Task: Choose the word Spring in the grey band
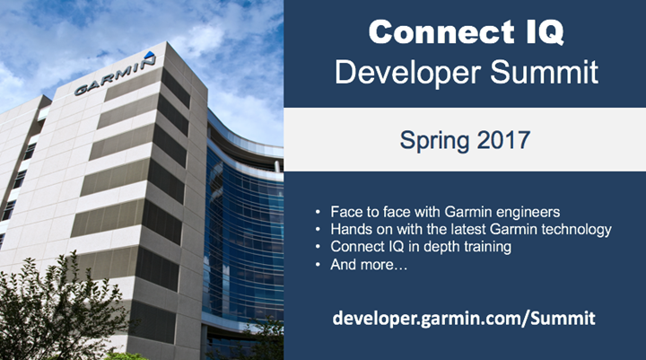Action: click(434, 140)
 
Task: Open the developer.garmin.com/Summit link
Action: click(464, 318)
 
